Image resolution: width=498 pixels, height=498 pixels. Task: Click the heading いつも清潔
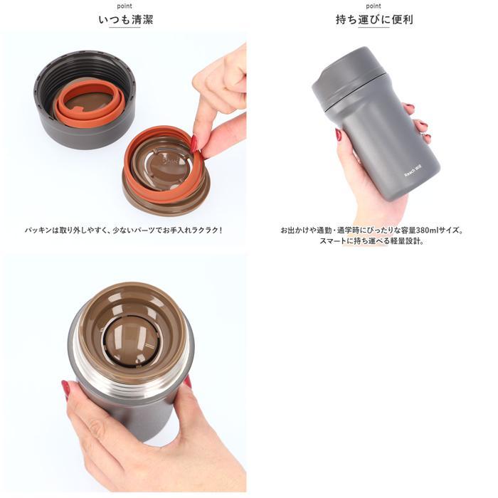(125, 20)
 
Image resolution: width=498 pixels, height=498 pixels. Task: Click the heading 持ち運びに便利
(374, 20)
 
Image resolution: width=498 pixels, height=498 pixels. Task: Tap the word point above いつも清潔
(124, 6)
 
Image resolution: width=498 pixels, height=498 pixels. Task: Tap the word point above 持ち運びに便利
(373, 6)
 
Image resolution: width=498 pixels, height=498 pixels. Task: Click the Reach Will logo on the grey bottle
(413, 171)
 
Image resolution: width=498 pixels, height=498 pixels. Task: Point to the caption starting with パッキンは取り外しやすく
(124, 230)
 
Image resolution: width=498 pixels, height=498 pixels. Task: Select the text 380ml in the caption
(427, 230)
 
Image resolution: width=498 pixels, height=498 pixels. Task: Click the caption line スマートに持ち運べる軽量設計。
(372, 240)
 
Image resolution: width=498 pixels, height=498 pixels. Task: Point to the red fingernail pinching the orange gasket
(194, 144)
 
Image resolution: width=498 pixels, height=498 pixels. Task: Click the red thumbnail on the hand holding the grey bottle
(339, 134)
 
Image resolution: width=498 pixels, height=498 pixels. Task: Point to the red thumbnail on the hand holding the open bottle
(65, 388)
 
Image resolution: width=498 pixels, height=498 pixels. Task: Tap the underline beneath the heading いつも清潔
(124, 27)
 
